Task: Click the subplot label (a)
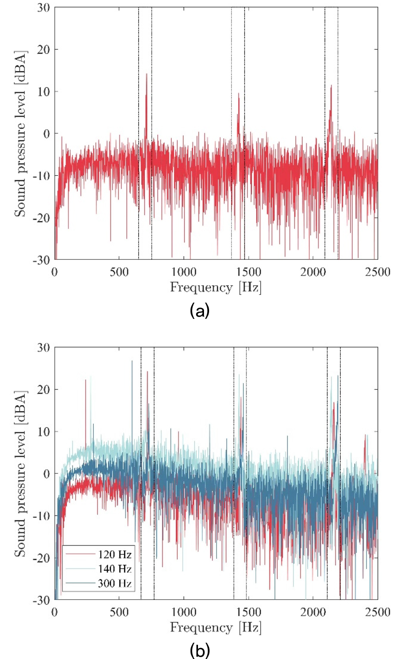pyautogui.click(x=200, y=311)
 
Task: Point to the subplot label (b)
pyautogui.click(x=200, y=651)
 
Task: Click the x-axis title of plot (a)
pyautogui.click(x=216, y=288)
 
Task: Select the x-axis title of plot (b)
pyautogui.click(x=216, y=628)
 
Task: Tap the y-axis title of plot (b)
pyautogui.click(x=20, y=473)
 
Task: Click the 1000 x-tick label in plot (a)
pyautogui.click(x=184, y=272)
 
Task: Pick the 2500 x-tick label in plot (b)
pyautogui.click(x=378, y=612)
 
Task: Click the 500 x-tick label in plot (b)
pyautogui.click(x=119, y=612)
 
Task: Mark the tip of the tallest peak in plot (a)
pyautogui.click(x=146, y=74)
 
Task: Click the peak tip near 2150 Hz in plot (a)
pyautogui.click(x=331, y=85)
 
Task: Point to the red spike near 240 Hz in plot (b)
pyautogui.click(x=85, y=380)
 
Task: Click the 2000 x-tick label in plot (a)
pyautogui.click(x=313, y=272)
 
